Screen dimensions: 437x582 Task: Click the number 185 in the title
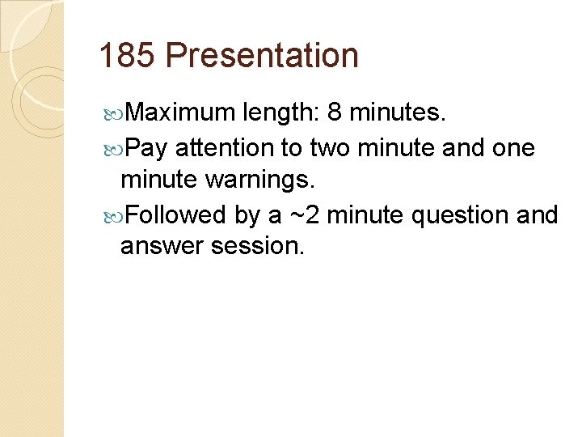(126, 57)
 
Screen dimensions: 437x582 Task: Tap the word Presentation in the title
(262, 57)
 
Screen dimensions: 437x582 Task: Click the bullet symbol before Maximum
(113, 113)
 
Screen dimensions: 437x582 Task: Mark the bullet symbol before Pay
(113, 148)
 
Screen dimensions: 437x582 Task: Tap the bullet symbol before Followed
(113, 215)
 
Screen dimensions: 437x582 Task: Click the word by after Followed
(247, 215)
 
